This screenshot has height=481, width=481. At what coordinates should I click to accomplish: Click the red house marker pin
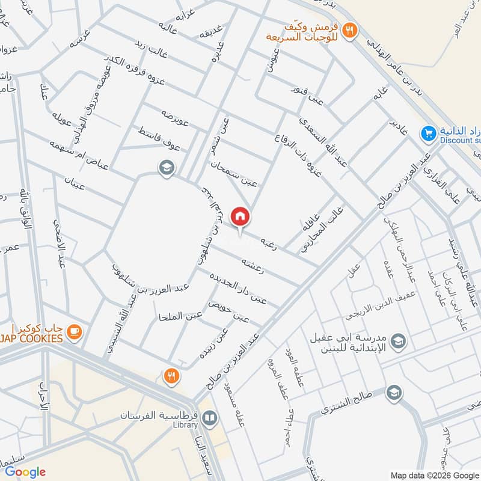(x=240, y=216)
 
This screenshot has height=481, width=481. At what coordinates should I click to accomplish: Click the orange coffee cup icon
(x=74, y=331)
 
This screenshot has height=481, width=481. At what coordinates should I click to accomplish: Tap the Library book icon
(x=209, y=417)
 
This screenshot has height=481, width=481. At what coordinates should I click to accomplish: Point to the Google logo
(x=25, y=471)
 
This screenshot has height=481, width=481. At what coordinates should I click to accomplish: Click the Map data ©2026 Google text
(x=434, y=473)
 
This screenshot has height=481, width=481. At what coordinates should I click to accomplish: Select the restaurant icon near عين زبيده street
(x=171, y=376)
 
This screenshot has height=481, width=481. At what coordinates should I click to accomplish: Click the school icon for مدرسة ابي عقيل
(x=398, y=343)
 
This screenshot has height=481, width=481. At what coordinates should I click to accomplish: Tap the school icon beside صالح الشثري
(x=394, y=392)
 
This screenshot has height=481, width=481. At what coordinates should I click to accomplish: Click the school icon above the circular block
(x=166, y=168)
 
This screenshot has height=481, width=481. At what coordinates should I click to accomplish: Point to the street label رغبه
(x=268, y=242)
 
